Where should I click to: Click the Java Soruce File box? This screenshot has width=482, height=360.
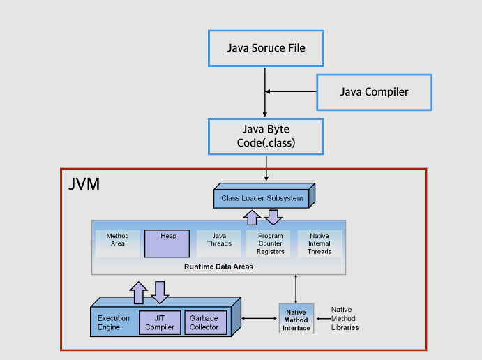point(266,48)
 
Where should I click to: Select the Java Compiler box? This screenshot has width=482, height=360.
point(375,92)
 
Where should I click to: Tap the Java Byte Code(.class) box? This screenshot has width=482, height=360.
point(266,137)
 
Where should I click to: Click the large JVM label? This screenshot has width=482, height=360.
point(84,184)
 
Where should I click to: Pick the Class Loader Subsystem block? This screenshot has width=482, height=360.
point(264,196)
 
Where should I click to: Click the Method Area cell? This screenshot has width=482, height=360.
point(117,243)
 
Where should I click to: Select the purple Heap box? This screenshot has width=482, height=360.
point(167,243)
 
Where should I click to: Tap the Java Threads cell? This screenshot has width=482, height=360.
point(219,243)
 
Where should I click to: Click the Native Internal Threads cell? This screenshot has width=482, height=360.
point(319,243)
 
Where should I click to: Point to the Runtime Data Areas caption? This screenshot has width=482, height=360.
point(218,267)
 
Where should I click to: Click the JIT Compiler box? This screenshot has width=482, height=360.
point(160,322)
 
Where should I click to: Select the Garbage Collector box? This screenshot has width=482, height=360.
point(205,322)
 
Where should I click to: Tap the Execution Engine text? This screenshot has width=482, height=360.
point(114,322)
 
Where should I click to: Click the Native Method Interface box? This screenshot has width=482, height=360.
point(296,318)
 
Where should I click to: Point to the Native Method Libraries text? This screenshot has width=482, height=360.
point(345,319)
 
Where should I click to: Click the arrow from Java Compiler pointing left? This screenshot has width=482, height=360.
point(291,91)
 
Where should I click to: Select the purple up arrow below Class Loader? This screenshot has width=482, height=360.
point(252,218)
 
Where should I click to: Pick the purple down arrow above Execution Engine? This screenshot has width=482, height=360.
point(160,292)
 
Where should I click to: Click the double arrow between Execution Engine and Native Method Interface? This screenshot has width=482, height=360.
point(259,319)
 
